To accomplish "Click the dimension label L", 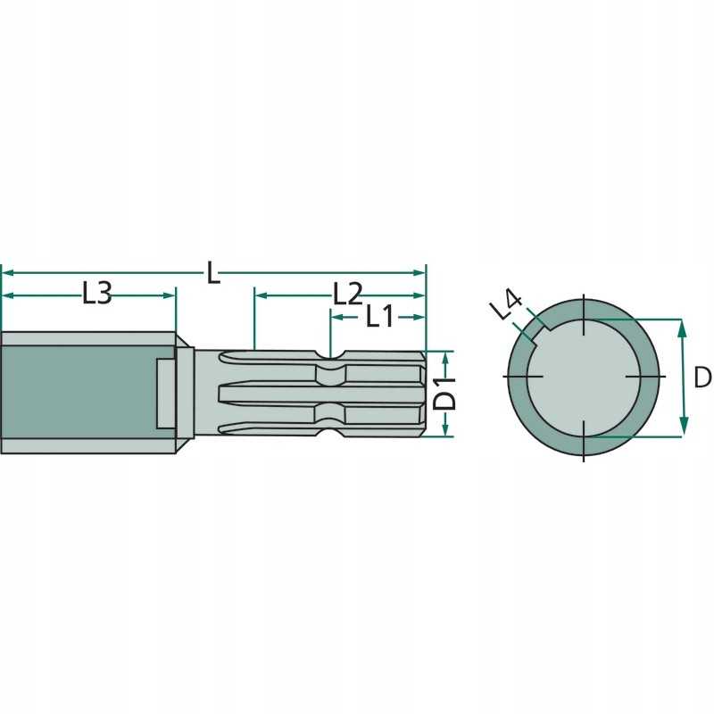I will (212, 271).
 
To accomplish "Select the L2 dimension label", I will (347, 293).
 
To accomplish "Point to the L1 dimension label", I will (379, 315).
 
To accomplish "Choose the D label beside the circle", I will (702, 378).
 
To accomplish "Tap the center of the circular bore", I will (583, 378).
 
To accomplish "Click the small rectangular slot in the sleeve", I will (165, 394).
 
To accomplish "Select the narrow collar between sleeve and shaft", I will (185, 394).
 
